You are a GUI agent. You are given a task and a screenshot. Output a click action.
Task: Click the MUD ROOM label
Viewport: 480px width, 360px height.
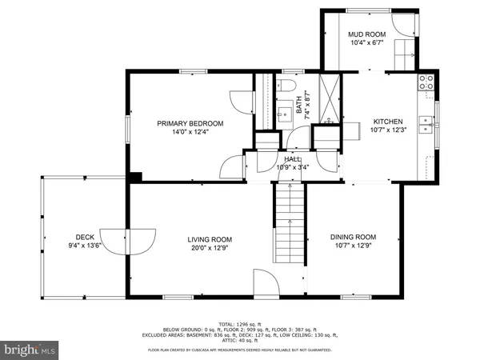[x=366, y=35]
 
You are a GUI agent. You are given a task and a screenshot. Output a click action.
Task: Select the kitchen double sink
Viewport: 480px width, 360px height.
[x=430, y=124]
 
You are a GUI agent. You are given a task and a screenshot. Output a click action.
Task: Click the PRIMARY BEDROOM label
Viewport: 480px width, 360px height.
[x=190, y=123]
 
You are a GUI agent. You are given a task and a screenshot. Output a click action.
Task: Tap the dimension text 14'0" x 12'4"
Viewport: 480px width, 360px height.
[x=190, y=133]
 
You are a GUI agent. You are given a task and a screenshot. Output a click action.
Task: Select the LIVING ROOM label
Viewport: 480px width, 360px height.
[x=210, y=239]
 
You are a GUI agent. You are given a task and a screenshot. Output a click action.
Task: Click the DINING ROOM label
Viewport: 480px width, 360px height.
[x=354, y=237]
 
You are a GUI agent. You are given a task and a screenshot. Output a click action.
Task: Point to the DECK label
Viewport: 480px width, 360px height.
[x=86, y=237]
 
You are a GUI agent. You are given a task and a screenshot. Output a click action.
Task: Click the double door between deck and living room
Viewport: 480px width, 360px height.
[x=129, y=239]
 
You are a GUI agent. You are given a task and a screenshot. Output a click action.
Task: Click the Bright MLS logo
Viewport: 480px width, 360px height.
[x=30, y=350]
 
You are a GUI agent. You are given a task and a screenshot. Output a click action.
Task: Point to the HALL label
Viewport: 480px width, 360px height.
[x=292, y=159]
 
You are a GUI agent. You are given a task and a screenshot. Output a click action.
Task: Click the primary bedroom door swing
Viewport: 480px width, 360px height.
[x=232, y=166]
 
